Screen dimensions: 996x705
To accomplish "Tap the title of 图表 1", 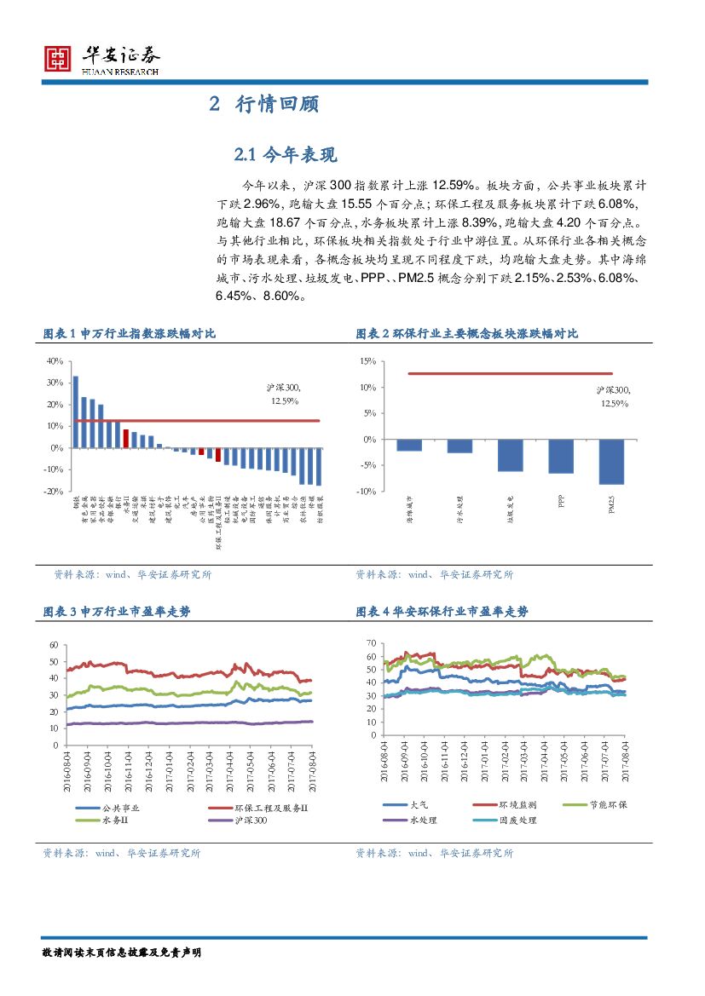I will tap(129, 334).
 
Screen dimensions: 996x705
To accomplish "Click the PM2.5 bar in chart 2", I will tap(611, 461).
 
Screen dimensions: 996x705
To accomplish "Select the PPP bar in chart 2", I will tap(561, 456).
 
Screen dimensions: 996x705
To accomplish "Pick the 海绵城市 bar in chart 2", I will tap(409, 445).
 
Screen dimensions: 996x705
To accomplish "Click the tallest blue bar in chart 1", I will tap(75, 412).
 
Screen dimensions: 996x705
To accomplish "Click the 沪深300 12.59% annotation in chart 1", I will tap(284, 394).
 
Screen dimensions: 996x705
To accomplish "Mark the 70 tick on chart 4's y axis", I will tap(371, 642).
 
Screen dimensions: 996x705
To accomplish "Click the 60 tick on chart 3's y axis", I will tap(55, 645).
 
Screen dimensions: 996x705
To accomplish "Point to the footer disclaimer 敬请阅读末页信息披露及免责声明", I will tap(121, 951).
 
